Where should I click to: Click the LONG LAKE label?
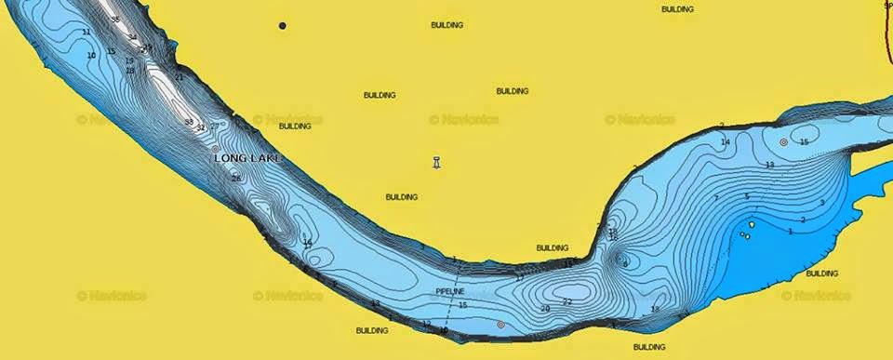(247, 158)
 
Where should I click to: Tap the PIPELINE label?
(450, 292)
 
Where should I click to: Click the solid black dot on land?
(283, 26)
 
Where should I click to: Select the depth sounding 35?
(115, 20)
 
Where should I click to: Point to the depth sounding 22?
(567, 302)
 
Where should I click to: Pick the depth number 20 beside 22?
(545, 308)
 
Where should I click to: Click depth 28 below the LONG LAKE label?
(236, 178)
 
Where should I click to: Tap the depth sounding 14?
(726, 142)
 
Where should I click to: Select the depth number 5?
(747, 196)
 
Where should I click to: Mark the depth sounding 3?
(822, 203)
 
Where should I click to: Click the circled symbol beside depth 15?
(784, 142)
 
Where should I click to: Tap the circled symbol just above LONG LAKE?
(216, 148)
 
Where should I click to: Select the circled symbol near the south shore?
(500, 325)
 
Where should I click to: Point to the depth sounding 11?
(87, 33)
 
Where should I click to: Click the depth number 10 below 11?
(91, 56)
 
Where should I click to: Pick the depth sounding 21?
(180, 77)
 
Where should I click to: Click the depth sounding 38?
(189, 122)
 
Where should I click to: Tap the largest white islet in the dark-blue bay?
(751, 224)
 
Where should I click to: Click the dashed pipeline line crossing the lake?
(457, 279)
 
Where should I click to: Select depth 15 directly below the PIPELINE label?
(462, 305)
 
